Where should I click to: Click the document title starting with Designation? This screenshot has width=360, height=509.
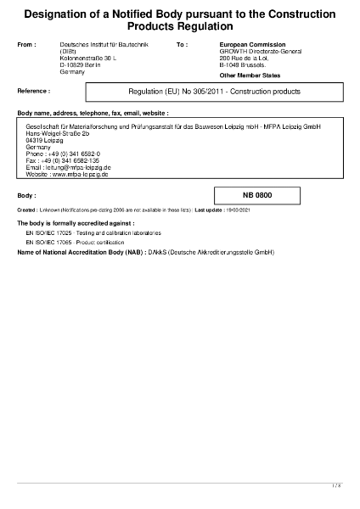coord(179,20)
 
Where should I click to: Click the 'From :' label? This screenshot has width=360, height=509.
coord(27,43)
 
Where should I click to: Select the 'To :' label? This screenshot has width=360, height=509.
coord(182,43)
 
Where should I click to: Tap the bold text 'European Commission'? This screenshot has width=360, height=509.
coord(252,43)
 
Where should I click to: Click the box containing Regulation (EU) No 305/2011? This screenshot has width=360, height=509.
coord(213,91)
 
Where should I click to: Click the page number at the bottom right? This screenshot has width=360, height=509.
coord(336,485)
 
